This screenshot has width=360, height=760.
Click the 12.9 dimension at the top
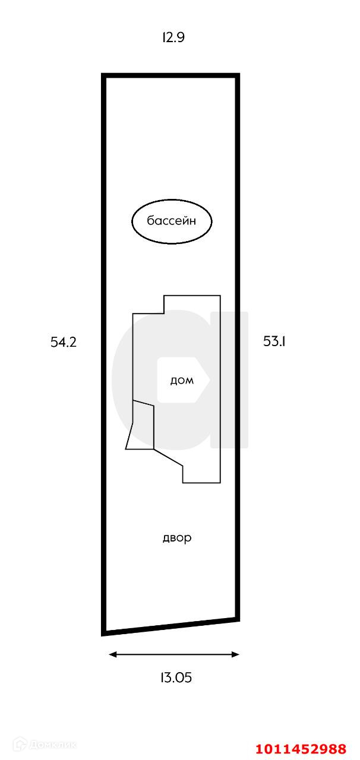(x=173, y=37)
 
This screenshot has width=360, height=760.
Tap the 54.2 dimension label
(x=64, y=342)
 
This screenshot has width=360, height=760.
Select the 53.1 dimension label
(x=275, y=341)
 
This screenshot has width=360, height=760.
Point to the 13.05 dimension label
(x=176, y=677)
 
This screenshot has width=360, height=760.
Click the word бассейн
(x=172, y=221)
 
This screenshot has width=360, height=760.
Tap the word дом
(x=182, y=381)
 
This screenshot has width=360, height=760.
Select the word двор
(x=177, y=538)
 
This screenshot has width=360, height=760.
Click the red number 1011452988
(x=301, y=749)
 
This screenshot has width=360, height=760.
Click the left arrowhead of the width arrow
(x=111, y=654)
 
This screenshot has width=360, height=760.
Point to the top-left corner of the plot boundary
(x=104, y=75)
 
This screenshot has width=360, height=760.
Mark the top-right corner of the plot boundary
(x=238, y=75)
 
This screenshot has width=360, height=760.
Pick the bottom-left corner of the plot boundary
(x=104, y=633)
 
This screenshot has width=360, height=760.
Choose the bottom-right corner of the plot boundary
(x=238, y=619)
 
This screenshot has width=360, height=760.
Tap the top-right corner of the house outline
(x=220, y=295)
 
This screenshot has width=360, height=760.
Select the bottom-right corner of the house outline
(x=220, y=483)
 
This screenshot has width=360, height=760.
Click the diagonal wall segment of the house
(x=168, y=457)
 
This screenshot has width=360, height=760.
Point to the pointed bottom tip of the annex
(x=126, y=449)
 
